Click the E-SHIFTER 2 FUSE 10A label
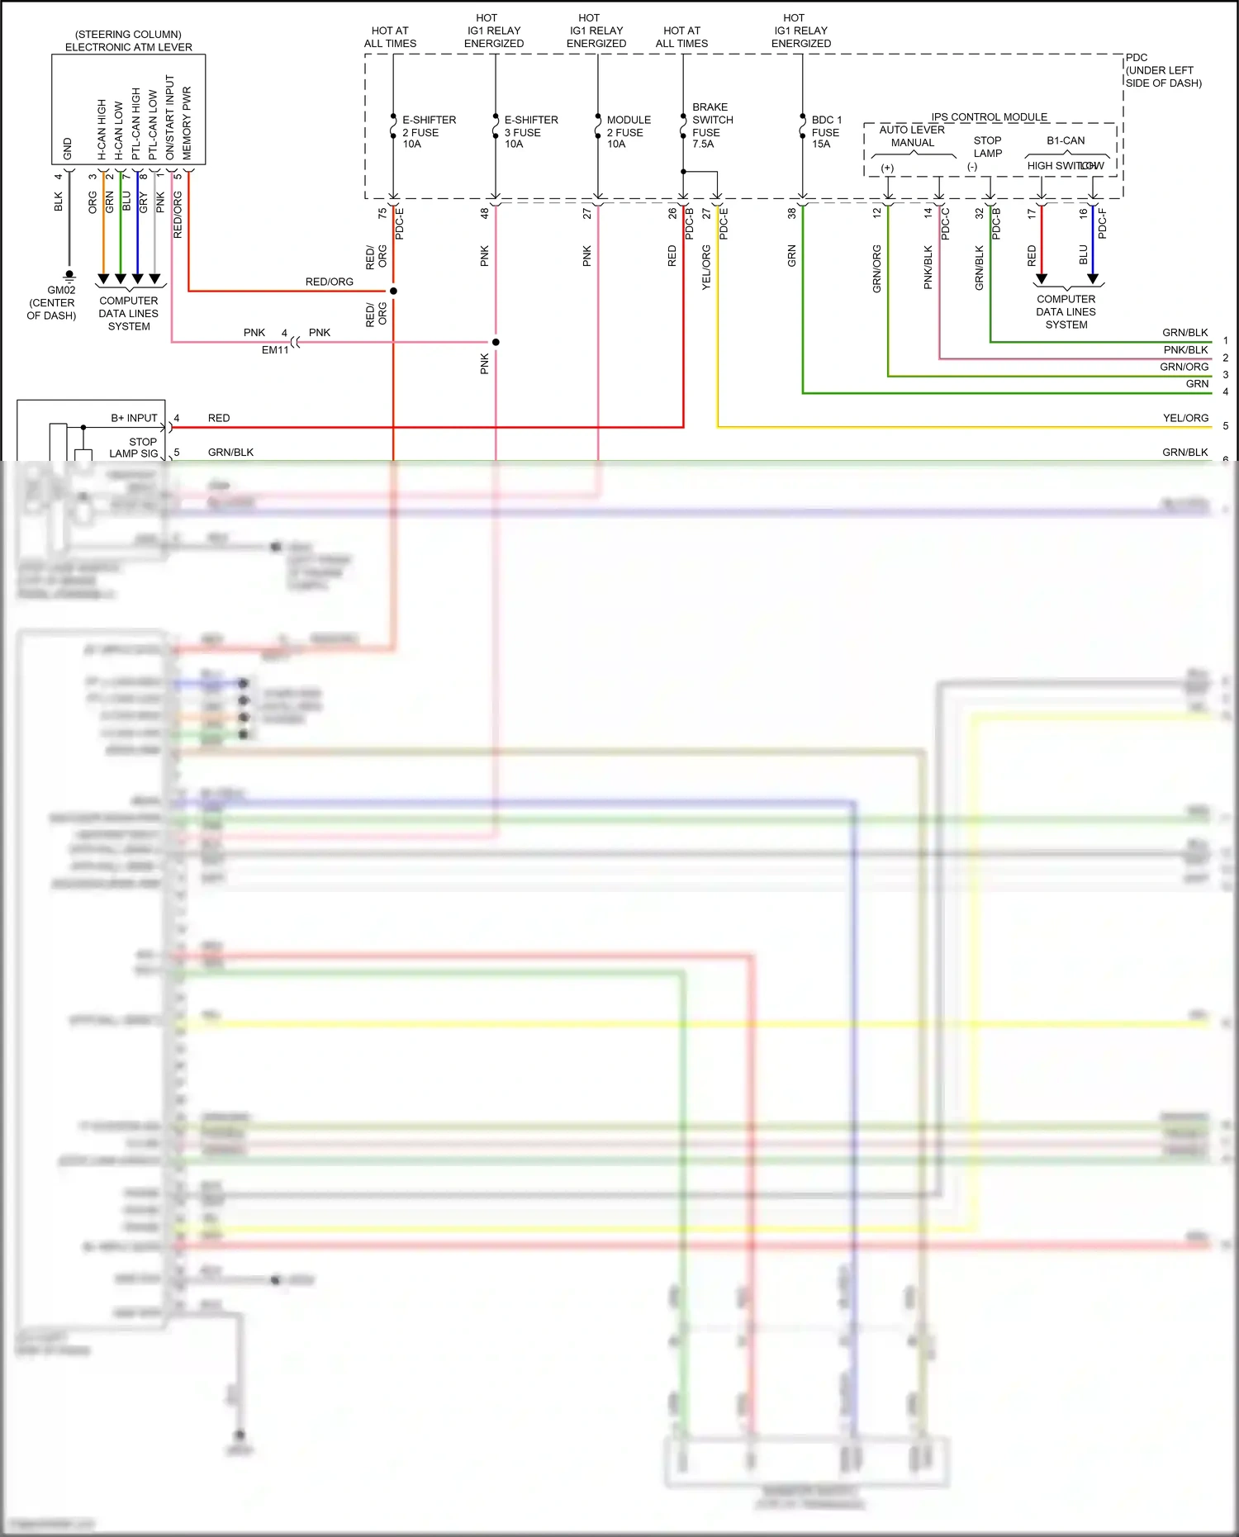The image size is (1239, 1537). pyautogui.click(x=428, y=132)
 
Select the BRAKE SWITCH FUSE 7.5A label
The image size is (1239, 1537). pyautogui.click(x=711, y=126)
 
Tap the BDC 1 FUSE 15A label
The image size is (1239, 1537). pyautogui.click(x=825, y=132)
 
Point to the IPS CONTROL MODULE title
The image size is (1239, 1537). pyautogui.click(x=989, y=117)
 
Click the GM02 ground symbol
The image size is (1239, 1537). pyautogui.click(x=69, y=276)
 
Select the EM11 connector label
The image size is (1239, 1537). pyautogui.click(x=275, y=349)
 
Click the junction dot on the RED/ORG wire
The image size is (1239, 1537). pyautogui.click(x=393, y=291)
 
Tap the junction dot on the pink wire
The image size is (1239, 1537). pyautogui.click(x=496, y=342)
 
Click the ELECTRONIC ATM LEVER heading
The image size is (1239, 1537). pyautogui.click(x=128, y=47)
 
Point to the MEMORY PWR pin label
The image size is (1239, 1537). pyautogui.click(x=187, y=124)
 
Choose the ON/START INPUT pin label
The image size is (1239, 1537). pyautogui.click(x=170, y=118)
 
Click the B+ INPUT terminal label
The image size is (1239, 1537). pyautogui.click(x=134, y=418)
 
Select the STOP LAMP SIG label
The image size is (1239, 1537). pyautogui.click(x=134, y=448)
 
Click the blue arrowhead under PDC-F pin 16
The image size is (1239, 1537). pyautogui.click(x=1093, y=279)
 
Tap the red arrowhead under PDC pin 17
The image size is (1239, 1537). pyautogui.click(x=1042, y=279)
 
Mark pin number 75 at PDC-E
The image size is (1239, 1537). pyautogui.click(x=382, y=213)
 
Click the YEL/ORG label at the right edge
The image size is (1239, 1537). pyautogui.click(x=1184, y=418)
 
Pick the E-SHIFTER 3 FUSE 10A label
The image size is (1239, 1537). pyautogui.click(x=530, y=132)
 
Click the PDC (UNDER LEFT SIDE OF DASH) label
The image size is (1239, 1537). pyautogui.click(x=1162, y=70)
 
